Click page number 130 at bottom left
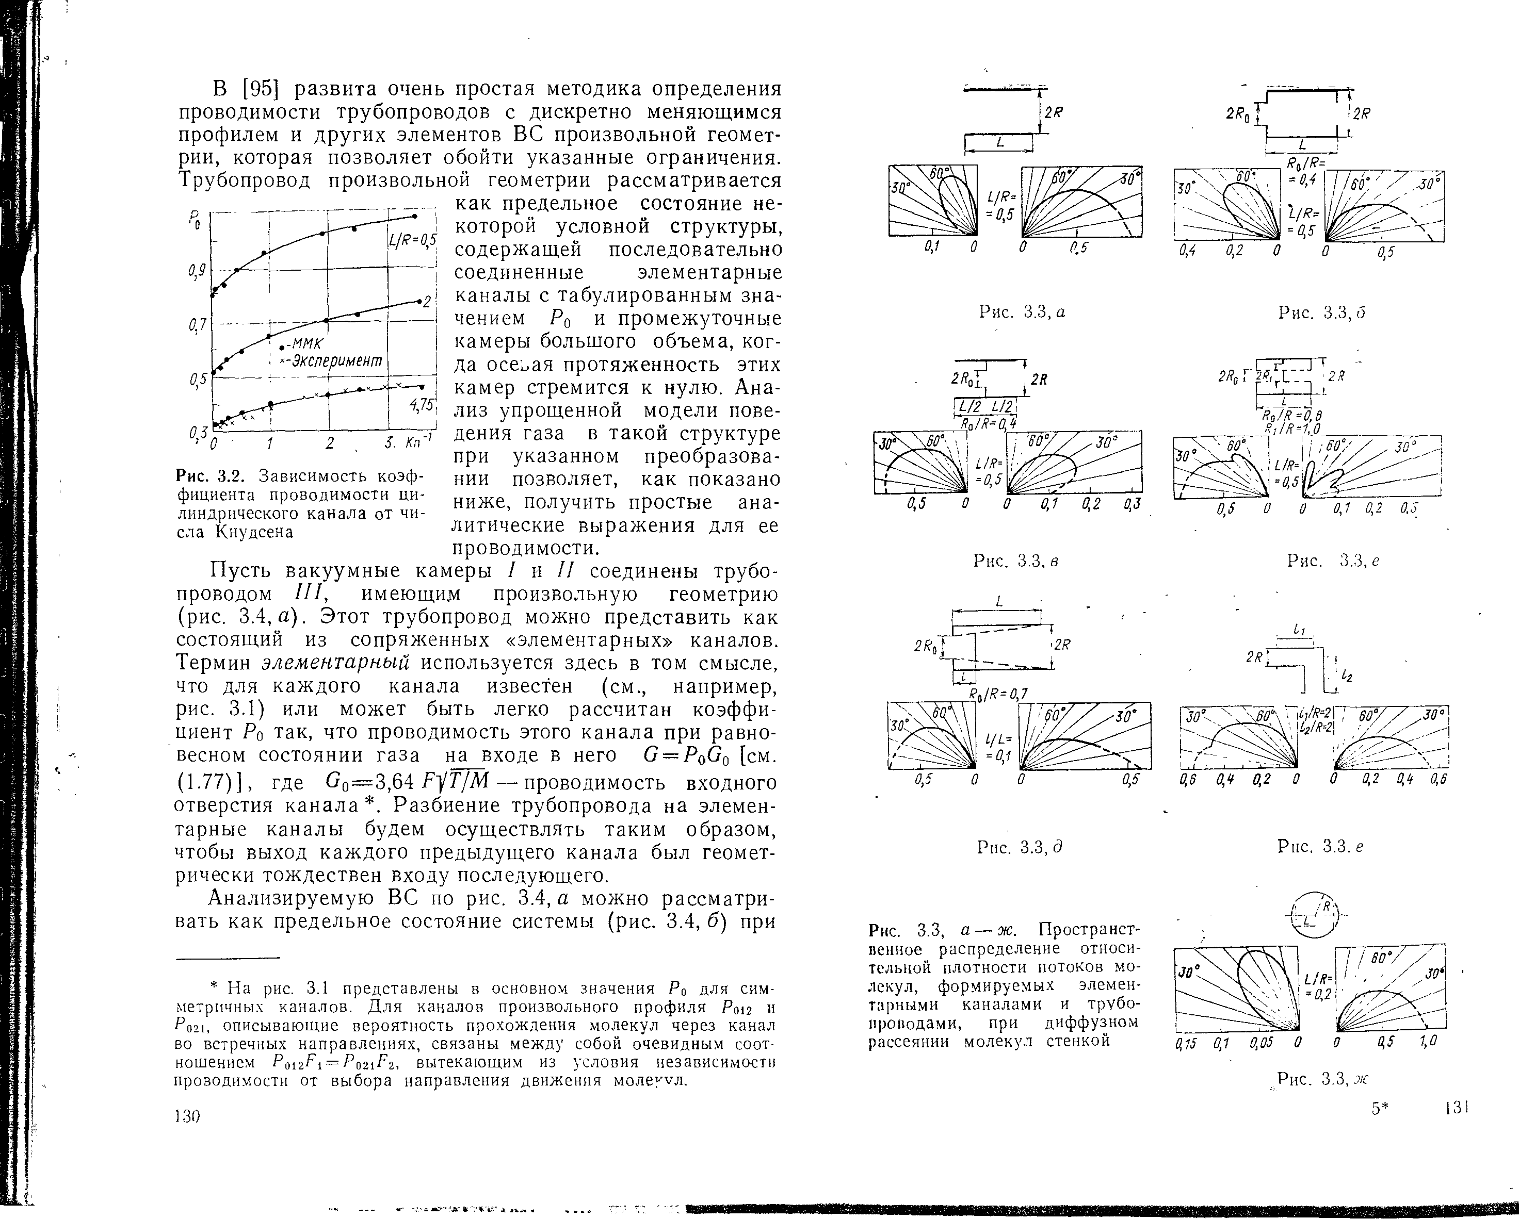(x=187, y=1116)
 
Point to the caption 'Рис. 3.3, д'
(x=1019, y=847)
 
